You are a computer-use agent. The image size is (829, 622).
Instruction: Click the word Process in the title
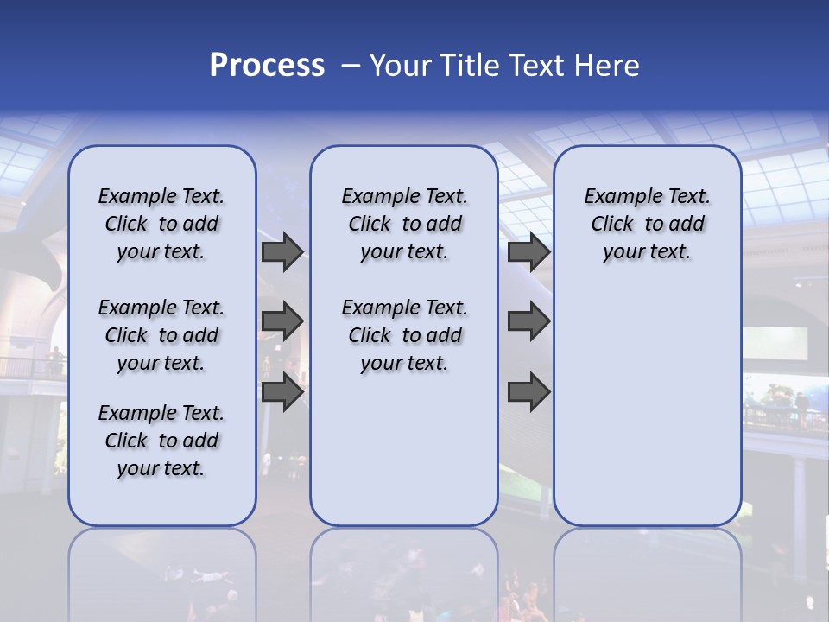[x=267, y=66]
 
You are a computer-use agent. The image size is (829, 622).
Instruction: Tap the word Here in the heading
[x=606, y=66]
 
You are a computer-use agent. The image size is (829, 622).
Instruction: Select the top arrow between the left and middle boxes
[x=282, y=252]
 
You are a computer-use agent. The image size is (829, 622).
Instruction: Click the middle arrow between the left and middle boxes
[x=282, y=321]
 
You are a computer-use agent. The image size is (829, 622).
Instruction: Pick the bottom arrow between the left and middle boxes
[x=282, y=392]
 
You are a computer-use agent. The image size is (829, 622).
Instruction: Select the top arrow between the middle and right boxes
[x=528, y=252]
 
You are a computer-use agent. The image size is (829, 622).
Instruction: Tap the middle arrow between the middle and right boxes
[x=528, y=321]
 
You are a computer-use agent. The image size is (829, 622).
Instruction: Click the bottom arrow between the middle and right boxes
[x=528, y=392]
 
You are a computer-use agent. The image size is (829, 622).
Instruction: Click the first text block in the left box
[x=161, y=224]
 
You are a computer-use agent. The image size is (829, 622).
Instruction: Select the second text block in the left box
[x=161, y=335]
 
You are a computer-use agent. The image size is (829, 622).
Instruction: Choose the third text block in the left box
[x=161, y=441]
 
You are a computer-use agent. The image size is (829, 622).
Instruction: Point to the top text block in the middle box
[x=404, y=224]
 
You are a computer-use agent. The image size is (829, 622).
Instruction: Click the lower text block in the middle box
[x=404, y=335]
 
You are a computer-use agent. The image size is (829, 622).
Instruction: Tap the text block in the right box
[x=647, y=224]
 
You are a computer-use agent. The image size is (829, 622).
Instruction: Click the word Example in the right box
[x=617, y=197]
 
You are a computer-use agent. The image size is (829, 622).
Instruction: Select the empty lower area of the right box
[x=647, y=406]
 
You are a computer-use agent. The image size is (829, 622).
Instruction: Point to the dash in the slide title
[x=350, y=67]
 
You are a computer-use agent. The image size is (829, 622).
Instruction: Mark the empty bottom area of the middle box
[x=404, y=458]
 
